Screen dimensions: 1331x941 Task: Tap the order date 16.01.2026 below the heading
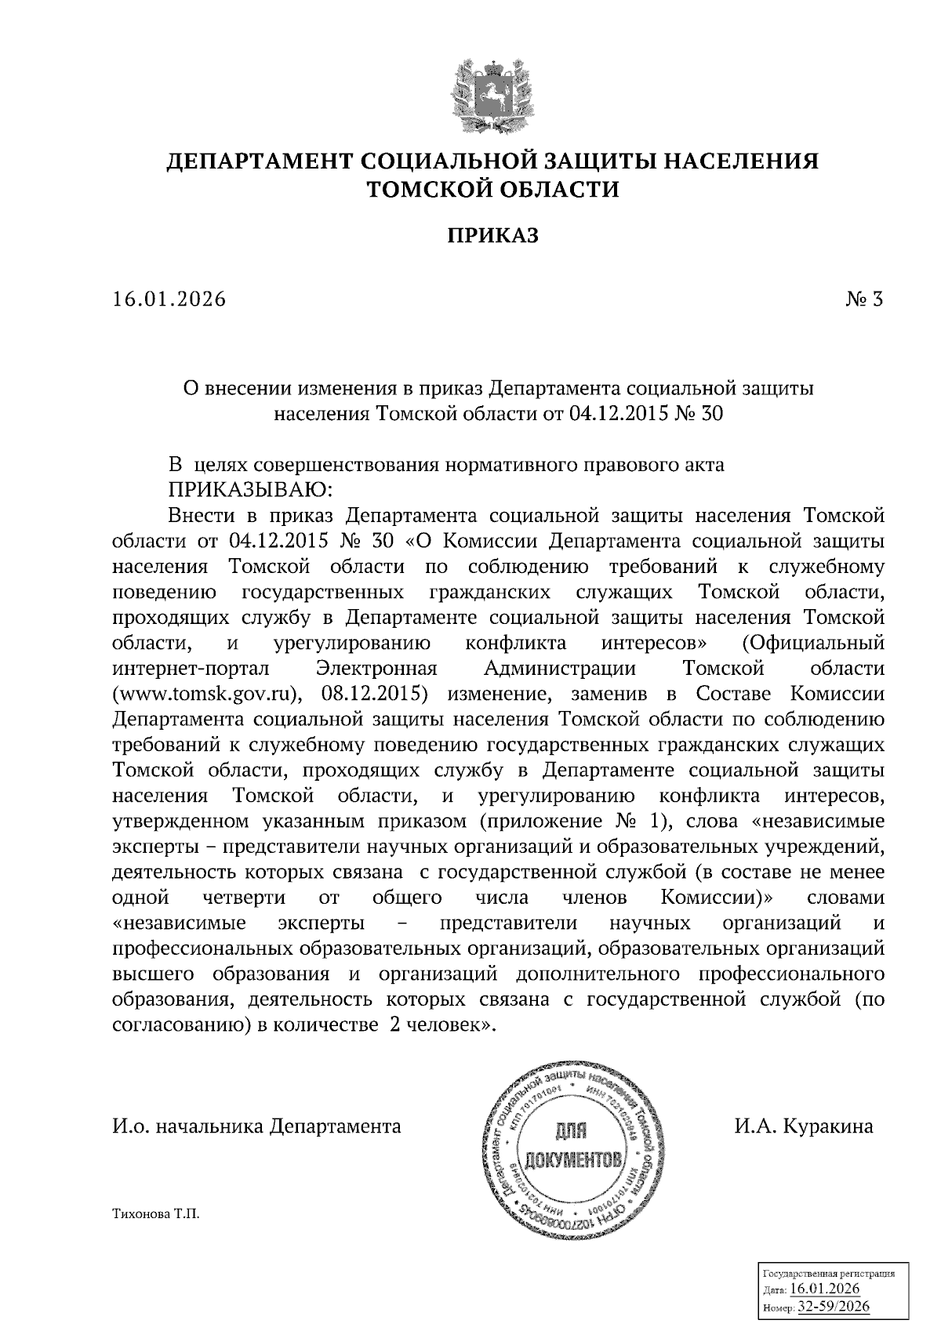(x=169, y=299)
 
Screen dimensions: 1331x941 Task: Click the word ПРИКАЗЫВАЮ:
(x=251, y=491)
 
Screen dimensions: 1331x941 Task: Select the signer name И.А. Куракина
(x=803, y=1126)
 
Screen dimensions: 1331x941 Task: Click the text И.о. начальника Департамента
(x=257, y=1126)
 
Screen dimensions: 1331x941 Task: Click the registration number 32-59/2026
(x=833, y=1308)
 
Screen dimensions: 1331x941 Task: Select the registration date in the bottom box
(x=825, y=1289)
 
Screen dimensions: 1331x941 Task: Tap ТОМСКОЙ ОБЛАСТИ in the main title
(x=493, y=190)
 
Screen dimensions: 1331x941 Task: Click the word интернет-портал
(x=191, y=669)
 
